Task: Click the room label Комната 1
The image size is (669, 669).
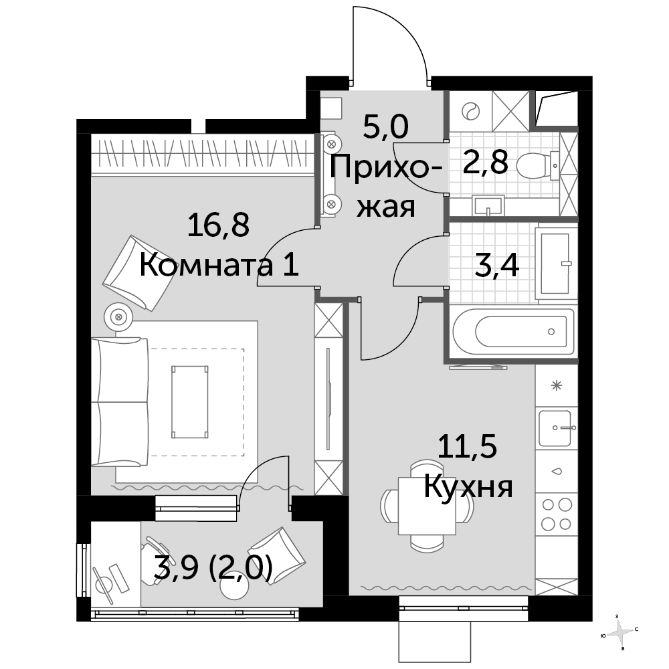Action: coord(219,266)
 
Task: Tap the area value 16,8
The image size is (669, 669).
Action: coord(218,225)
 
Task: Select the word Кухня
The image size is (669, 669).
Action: coord(468,488)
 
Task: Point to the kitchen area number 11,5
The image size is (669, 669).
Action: coord(468,447)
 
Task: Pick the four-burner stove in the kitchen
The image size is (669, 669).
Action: coord(557,514)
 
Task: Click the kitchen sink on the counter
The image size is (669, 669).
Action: coord(555,428)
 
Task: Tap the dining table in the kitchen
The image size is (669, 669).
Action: coord(427,506)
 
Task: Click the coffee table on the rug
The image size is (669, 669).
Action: coord(190,401)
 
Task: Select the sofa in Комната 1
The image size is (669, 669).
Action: coord(120,401)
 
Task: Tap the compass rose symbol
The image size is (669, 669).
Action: coord(620,632)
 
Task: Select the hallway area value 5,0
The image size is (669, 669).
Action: coord(386,126)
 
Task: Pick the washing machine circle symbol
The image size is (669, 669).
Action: coord(470,112)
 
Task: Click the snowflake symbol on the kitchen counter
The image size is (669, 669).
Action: coord(557,386)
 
